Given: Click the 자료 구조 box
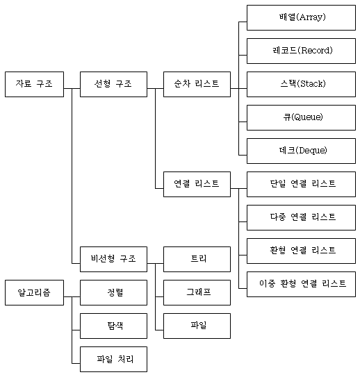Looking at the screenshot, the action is click(x=35, y=84).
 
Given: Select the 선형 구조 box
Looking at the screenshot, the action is click(x=113, y=84).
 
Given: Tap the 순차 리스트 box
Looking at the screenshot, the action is click(x=197, y=84).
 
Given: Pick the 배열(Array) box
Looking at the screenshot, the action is click(x=301, y=17).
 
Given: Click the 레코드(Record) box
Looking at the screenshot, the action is click(x=301, y=51).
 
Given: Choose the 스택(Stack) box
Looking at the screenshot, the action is click(x=301, y=84).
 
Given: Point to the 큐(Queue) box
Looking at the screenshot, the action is click(x=301, y=117).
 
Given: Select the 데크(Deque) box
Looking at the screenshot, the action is click(x=301, y=151).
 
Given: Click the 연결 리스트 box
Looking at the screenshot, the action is click(x=197, y=184).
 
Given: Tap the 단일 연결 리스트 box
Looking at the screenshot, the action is click(x=301, y=184).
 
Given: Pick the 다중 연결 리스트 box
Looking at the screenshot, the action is click(x=301, y=217).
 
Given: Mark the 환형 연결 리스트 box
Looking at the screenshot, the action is click(x=301, y=251).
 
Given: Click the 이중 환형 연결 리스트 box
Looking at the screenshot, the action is click(x=301, y=284).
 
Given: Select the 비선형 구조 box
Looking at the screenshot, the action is click(x=113, y=259).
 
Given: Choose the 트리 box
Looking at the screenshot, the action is click(x=197, y=259).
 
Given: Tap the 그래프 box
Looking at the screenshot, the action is click(x=197, y=292).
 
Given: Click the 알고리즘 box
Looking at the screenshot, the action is click(x=35, y=292).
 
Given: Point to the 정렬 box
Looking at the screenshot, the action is click(x=113, y=292).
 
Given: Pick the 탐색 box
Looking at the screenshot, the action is click(x=113, y=326).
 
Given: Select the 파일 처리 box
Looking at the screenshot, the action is click(x=113, y=359).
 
